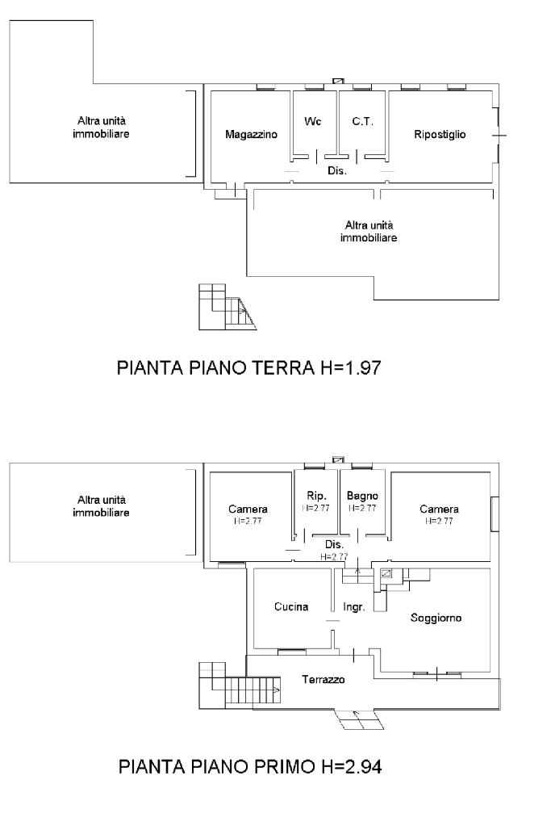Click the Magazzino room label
[x=251, y=134]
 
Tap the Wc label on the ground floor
[x=312, y=121]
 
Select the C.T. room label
[x=362, y=121]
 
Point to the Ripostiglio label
[x=440, y=134]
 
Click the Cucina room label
[x=291, y=607]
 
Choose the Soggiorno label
[x=436, y=618]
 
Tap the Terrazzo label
[x=324, y=680]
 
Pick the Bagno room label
[x=362, y=496]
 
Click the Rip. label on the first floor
[x=316, y=496]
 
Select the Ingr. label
[x=353, y=607]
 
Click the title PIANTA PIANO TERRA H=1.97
[x=248, y=367]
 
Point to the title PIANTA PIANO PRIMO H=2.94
[x=250, y=766]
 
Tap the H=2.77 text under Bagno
[x=362, y=509]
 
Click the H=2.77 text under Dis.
[x=334, y=556]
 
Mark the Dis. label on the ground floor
[x=336, y=170]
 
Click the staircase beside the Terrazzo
[x=240, y=686]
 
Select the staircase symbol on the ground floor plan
[x=227, y=307]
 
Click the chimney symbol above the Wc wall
[x=338, y=81]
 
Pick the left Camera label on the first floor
[x=248, y=509]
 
